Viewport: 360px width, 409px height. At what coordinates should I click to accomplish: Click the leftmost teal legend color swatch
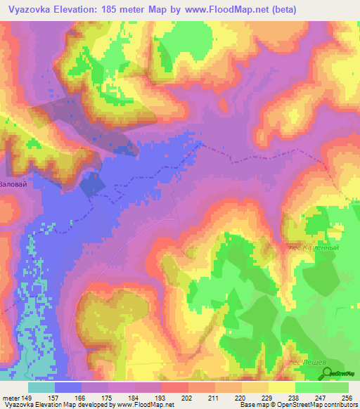(x=41, y=387)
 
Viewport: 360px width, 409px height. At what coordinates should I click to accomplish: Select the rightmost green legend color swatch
(x=335, y=387)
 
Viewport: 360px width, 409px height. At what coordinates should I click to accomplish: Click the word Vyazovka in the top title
(x=27, y=10)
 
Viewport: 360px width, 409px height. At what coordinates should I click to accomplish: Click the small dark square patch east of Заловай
(x=92, y=185)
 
